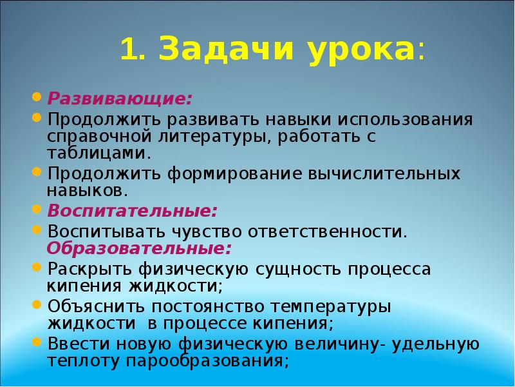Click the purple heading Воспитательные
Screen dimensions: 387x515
133,211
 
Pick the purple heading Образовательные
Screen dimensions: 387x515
139,248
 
